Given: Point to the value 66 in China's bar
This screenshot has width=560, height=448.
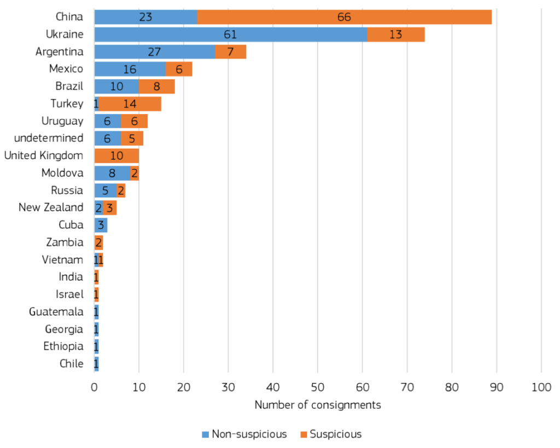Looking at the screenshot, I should (x=344, y=17).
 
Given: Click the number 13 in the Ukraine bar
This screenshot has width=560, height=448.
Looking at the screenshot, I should (x=395, y=34).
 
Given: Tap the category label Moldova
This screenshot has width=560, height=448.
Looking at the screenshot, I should (x=62, y=173).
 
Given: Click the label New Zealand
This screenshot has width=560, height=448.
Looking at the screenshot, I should (x=51, y=208).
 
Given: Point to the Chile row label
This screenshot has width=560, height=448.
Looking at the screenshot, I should (x=71, y=364).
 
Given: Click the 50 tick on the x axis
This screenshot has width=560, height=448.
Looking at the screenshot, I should (x=318, y=388).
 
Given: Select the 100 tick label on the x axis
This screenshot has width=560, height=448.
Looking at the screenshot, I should (x=541, y=388).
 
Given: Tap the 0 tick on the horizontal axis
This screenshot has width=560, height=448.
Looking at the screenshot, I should (x=94, y=388).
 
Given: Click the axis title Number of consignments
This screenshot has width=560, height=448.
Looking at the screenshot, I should (x=318, y=405).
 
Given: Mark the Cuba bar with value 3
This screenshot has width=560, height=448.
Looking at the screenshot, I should (x=101, y=225).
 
